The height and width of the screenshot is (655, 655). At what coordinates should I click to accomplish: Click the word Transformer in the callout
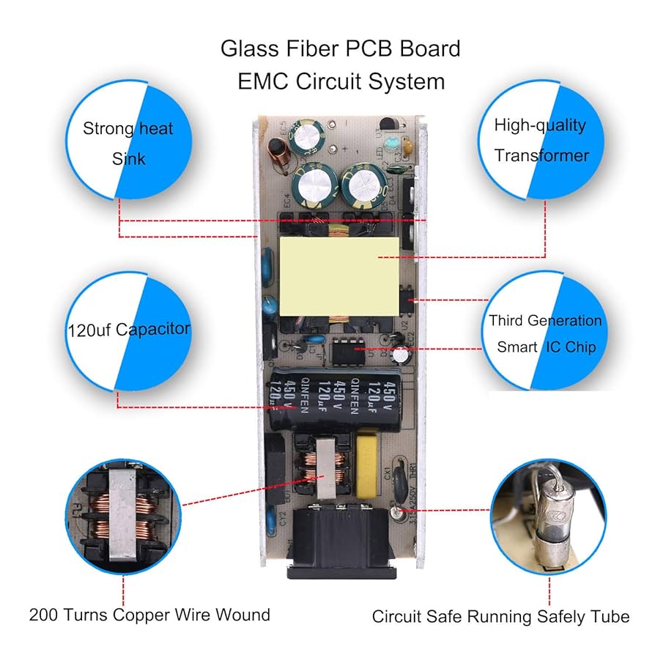pyautogui.click(x=541, y=155)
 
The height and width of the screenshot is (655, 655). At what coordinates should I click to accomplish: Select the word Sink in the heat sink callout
pyautogui.click(x=129, y=158)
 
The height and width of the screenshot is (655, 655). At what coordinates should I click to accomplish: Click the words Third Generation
pyautogui.click(x=545, y=321)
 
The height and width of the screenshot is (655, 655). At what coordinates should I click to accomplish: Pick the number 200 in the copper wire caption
pyautogui.click(x=42, y=614)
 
